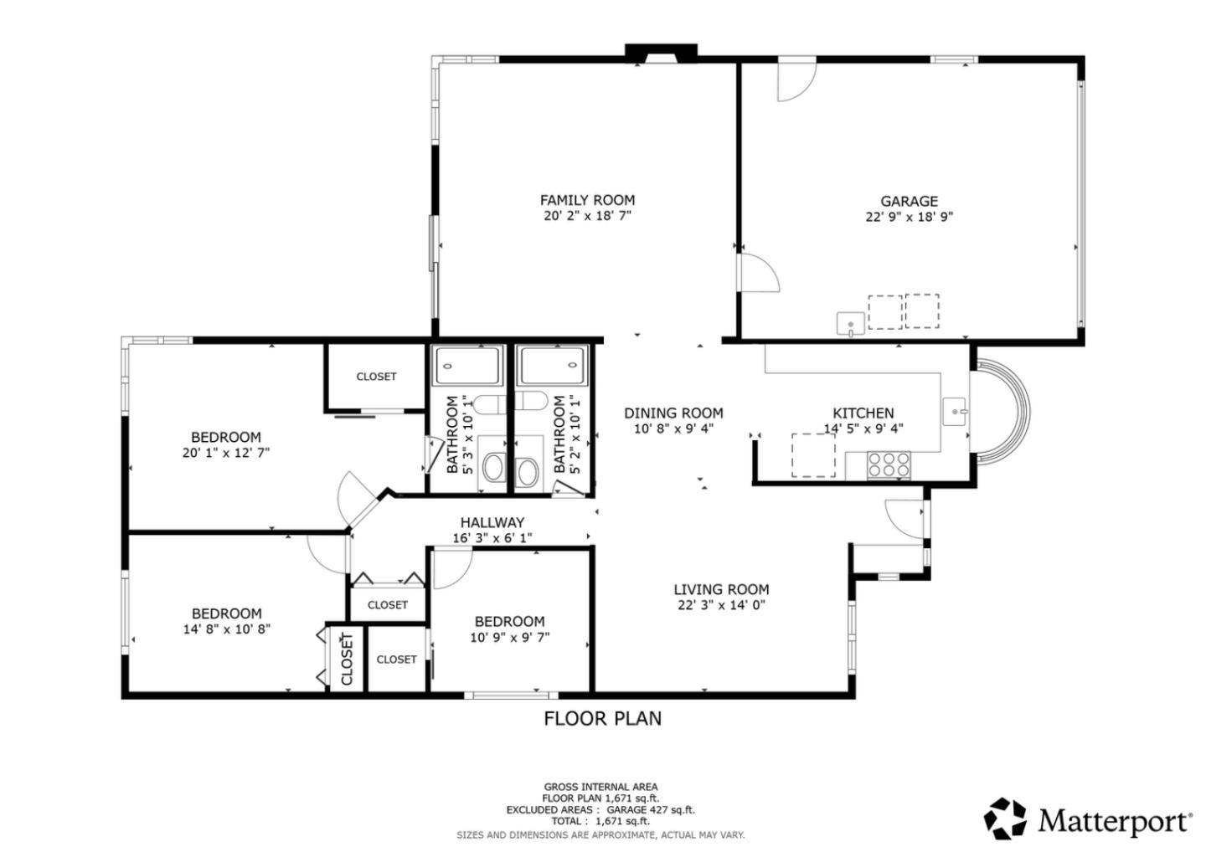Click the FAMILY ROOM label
(587, 200)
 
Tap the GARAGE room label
(909, 201)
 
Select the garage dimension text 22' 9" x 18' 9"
(909, 217)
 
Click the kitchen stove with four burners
(889, 464)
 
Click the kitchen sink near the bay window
(956, 412)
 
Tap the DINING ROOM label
(673, 413)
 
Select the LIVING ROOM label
(721, 589)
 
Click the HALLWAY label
(492, 522)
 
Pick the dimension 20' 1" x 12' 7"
(226, 453)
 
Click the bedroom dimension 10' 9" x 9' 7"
(509, 638)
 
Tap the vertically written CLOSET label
(347, 660)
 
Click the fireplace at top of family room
(661, 53)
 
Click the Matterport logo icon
(1005, 819)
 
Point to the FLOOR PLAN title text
(602, 718)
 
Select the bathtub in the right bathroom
(552, 366)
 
